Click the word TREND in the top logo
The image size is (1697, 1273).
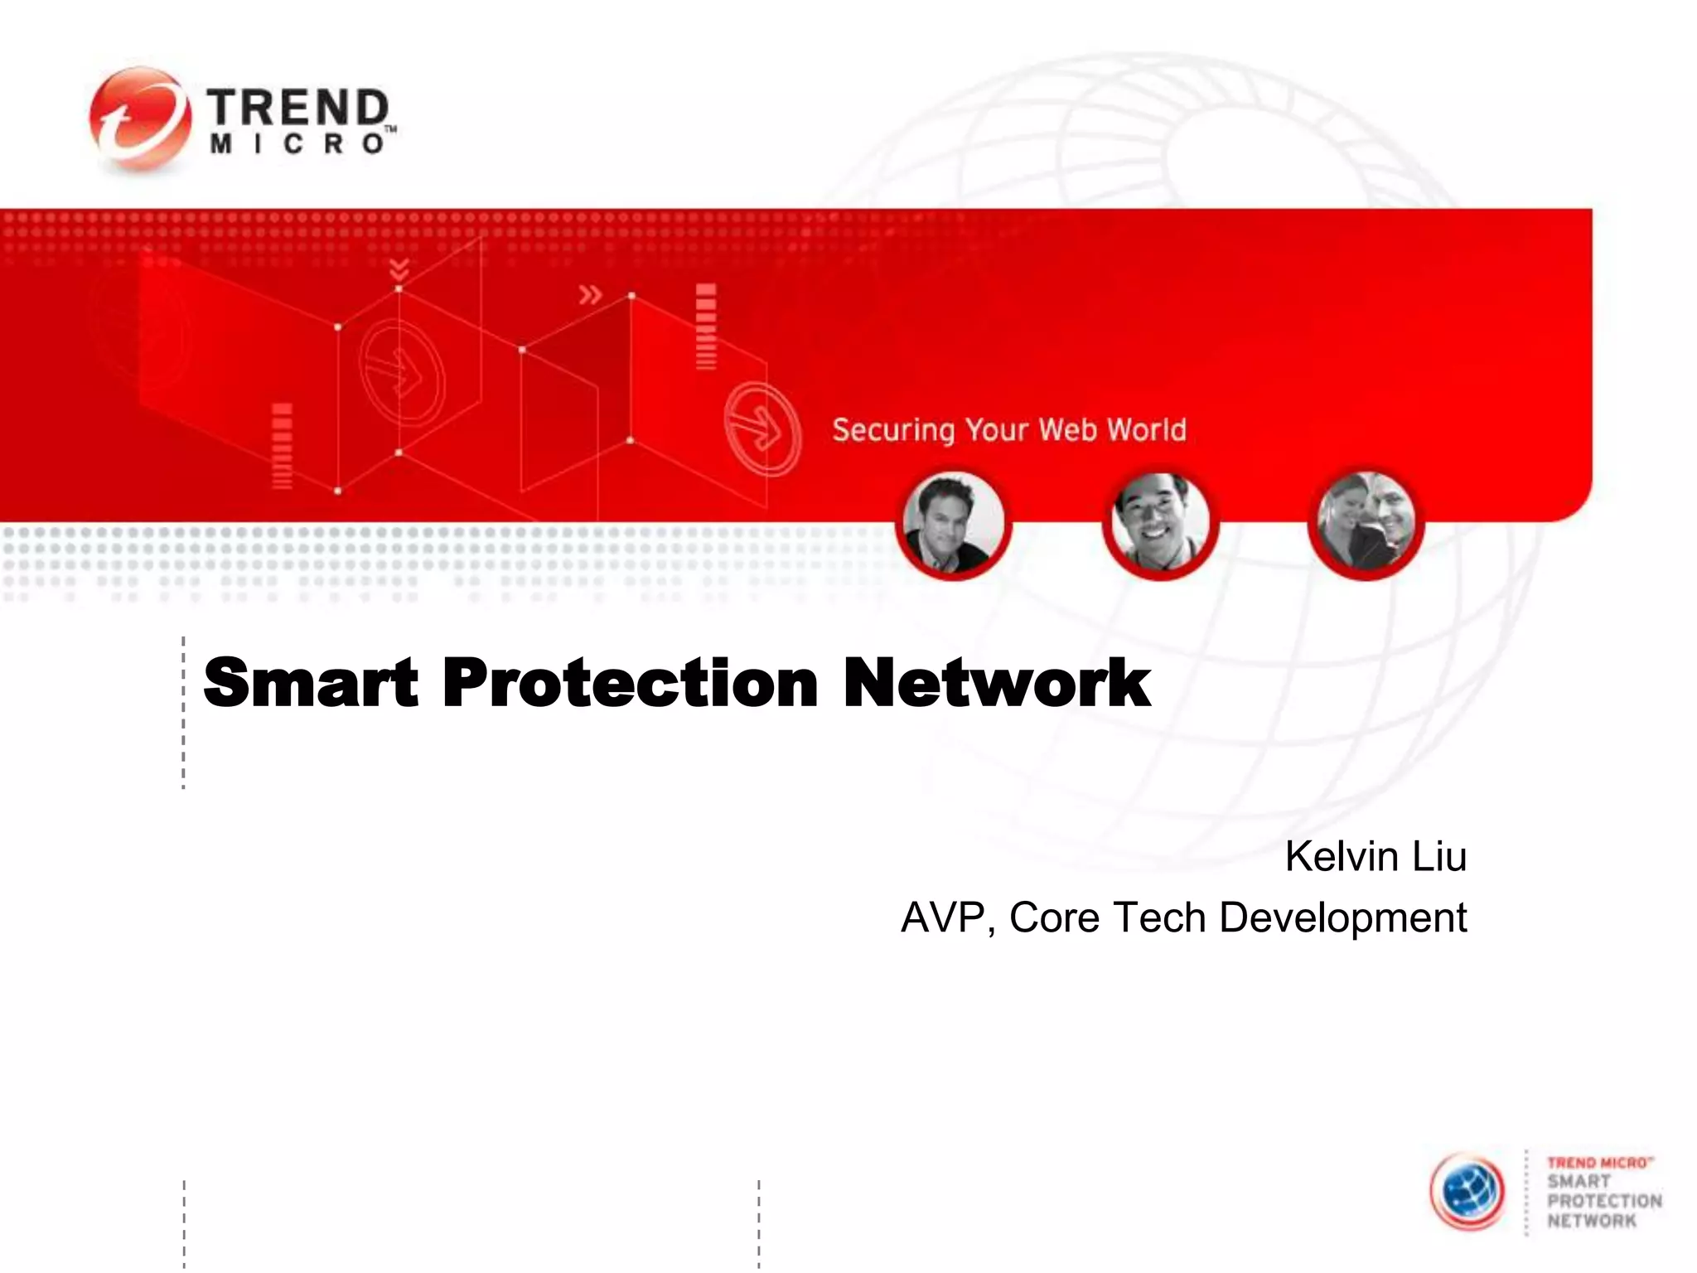[x=297, y=109]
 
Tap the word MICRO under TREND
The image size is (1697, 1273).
[x=297, y=144]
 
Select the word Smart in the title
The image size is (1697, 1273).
[x=311, y=683]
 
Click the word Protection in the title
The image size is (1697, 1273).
[x=631, y=683]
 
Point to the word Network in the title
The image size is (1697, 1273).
[x=997, y=683]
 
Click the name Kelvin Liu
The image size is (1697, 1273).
[x=1375, y=856]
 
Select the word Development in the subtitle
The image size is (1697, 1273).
[x=1342, y=917]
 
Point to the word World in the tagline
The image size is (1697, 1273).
[x=1147, y=429]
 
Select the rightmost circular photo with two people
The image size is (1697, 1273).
[x=1366, y=522]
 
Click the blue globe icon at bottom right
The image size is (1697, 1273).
[x=1468, y=1191]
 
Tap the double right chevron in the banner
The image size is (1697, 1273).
[x=590, y=294]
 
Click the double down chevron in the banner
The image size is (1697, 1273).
[x=399, y=269]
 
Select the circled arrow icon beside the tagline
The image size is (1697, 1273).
[x=762, y=428]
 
